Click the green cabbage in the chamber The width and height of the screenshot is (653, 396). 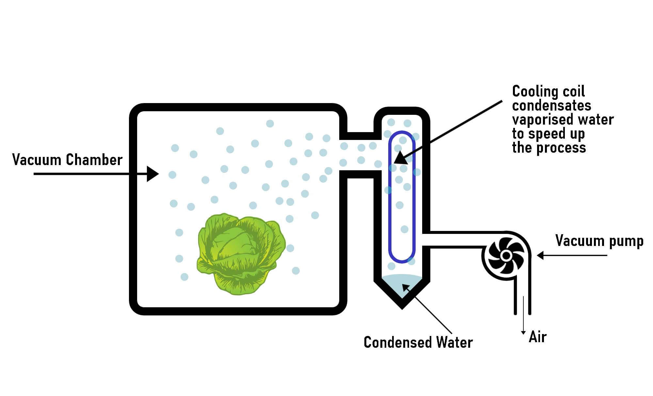[241, 254]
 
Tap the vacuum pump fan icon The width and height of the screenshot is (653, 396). [505, 255]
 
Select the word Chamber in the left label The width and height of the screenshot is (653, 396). [94, 160]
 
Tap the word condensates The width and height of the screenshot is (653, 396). [551, 105]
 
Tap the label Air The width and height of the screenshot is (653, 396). [537, 337]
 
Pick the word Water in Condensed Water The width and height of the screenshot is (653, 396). [454, 343]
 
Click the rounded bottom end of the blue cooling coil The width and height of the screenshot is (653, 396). [402, 260]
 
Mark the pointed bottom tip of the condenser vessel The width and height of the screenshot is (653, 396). [402, 307]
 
